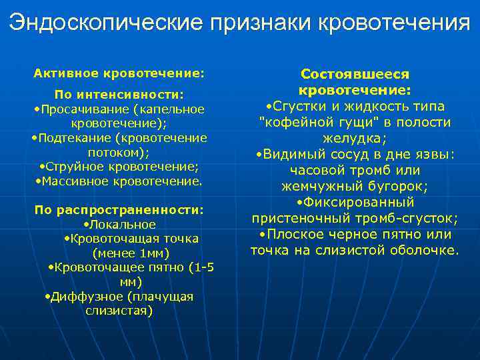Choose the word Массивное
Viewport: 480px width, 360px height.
[x=71, y=181]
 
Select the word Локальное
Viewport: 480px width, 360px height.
[x=123, y=225]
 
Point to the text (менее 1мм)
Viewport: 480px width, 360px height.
[x=131, y=253]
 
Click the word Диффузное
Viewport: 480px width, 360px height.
[x=83, y=297]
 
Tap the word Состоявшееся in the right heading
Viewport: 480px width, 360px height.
[x=355, y=74]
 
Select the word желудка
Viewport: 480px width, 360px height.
[x=353, y=138]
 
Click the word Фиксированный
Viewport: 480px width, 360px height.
[x=357, y=202]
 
